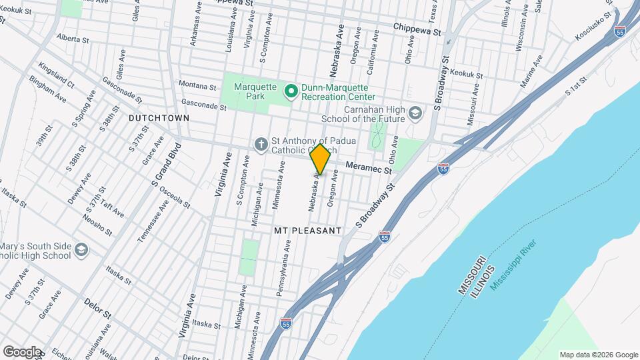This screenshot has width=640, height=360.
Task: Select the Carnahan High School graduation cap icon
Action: (416, 113)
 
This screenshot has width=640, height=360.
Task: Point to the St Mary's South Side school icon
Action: (81, 250)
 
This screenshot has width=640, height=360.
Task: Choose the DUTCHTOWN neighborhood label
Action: (159, 117)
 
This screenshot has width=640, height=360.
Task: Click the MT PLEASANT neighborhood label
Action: (307, 230)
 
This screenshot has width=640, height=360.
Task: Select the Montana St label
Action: (197, 86)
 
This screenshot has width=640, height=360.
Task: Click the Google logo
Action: (22, 351)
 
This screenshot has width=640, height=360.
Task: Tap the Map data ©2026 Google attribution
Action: (599, 355)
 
